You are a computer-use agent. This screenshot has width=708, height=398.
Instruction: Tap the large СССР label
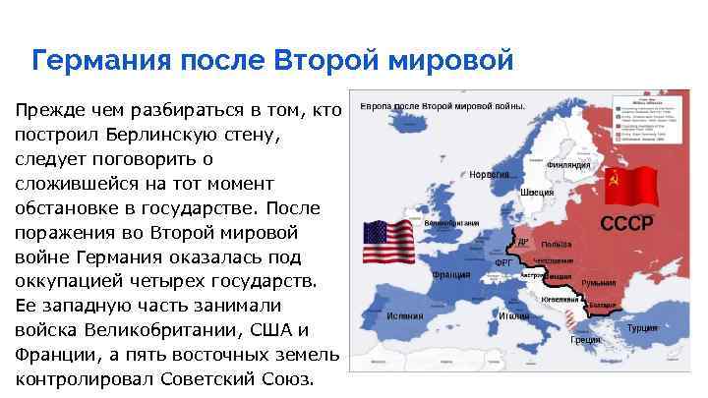tap(626, 222)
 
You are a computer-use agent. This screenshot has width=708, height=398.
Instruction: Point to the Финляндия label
tap(567, 165)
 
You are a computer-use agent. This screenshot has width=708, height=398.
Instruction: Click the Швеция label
tap(537, 192)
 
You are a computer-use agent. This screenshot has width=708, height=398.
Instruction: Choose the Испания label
tap(405, 316)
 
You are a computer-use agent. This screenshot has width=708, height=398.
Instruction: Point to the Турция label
tap(642, 326)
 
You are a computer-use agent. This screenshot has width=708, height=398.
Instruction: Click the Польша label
tap(557, 244)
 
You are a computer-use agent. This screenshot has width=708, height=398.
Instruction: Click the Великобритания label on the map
tap(451, 223)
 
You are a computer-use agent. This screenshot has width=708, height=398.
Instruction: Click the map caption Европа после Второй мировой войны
tap(442, 105)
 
